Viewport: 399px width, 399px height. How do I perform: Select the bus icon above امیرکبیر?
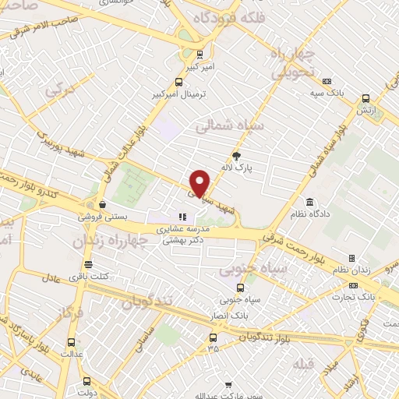point(202,55)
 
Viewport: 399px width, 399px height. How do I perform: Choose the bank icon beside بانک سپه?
point(327,82)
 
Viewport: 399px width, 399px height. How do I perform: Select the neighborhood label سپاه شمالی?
point(232,124)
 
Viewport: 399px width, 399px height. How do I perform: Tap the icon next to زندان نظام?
point(351,258)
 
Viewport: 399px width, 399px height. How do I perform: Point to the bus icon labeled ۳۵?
point(213,337)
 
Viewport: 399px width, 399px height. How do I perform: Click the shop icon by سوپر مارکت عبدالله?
point(229,384)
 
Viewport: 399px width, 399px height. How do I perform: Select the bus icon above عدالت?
point(72,341)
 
